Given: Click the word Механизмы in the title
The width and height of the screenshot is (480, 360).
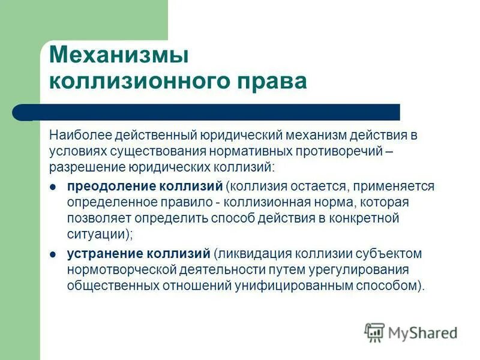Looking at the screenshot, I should pyautogui.click(x=119, y=55).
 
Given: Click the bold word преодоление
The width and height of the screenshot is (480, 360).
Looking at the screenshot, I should pyautogui.click(x=104, y=186).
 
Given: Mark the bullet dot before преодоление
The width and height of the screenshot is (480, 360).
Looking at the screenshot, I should pyautogui.click(x=53, y=187).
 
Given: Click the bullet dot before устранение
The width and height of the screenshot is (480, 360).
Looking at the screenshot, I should pyautogui.click(x=53, y=255).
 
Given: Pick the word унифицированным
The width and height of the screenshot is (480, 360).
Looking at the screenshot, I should pyautogui.click(x=292, y=286).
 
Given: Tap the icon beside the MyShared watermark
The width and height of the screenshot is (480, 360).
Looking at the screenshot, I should pyautogui.click(x=374, y=332).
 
